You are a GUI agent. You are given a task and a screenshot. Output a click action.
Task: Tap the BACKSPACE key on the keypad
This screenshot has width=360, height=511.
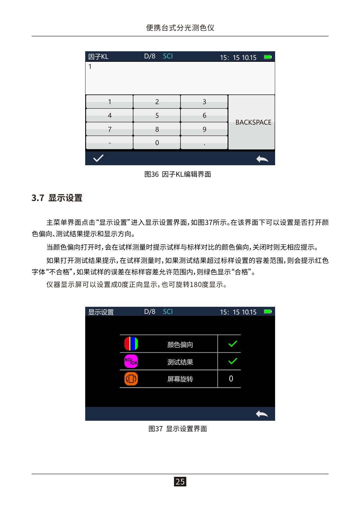pos(251,122)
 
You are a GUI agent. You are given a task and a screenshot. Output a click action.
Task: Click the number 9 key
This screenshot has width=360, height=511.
pos(204,129)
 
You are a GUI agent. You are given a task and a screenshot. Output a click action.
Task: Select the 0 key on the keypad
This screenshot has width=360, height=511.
pos(157,142)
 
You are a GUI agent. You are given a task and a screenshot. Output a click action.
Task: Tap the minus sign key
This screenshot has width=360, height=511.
pos(109,142)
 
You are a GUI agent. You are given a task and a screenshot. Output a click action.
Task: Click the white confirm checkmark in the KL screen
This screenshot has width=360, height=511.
pos(98,158)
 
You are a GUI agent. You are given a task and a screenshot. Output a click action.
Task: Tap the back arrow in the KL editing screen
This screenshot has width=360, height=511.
pos(262,159)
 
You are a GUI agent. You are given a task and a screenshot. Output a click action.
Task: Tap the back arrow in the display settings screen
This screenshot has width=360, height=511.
pos(262,414)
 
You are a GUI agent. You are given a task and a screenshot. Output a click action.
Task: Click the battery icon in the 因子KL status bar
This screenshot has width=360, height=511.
pos(268,57)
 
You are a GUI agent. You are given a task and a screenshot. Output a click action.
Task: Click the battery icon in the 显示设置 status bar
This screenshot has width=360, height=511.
pos(268,311)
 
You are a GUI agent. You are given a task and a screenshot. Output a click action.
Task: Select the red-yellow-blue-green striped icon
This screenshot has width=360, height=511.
pos(131,344)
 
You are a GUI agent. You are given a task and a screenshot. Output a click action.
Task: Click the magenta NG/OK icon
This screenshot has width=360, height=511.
pos(131,361)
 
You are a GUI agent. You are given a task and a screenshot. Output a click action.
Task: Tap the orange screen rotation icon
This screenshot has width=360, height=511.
pos(131,379)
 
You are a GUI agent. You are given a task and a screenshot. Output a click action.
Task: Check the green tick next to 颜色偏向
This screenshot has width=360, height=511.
pos(232,344)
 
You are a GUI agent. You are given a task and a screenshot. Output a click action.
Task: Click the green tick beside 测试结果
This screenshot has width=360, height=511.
pos(232,361)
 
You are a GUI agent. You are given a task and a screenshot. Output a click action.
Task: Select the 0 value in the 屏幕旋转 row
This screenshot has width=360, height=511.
pos(231,378)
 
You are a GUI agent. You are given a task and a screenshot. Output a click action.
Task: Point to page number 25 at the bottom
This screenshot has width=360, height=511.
pos(180,482)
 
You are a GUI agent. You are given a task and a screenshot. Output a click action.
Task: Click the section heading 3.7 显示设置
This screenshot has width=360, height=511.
pos(57,198)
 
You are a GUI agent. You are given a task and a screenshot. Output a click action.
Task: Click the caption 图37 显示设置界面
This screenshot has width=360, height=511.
pos(178,429)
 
